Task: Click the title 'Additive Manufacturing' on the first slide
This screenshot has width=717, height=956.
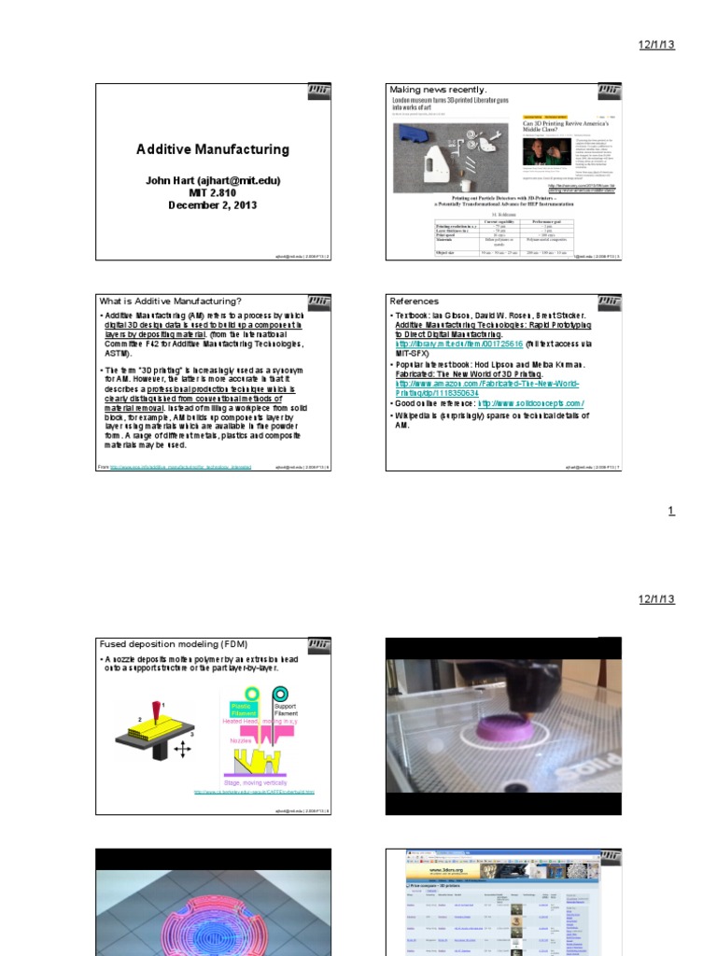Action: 213,149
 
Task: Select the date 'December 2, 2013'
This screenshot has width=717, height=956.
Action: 212,205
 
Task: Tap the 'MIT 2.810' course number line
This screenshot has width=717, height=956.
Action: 212,192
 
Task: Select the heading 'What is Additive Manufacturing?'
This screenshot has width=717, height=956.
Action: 171,302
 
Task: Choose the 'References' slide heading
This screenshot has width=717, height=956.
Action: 414,302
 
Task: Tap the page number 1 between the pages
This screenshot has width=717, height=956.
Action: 670,511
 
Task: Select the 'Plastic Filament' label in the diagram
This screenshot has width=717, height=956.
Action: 241,710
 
